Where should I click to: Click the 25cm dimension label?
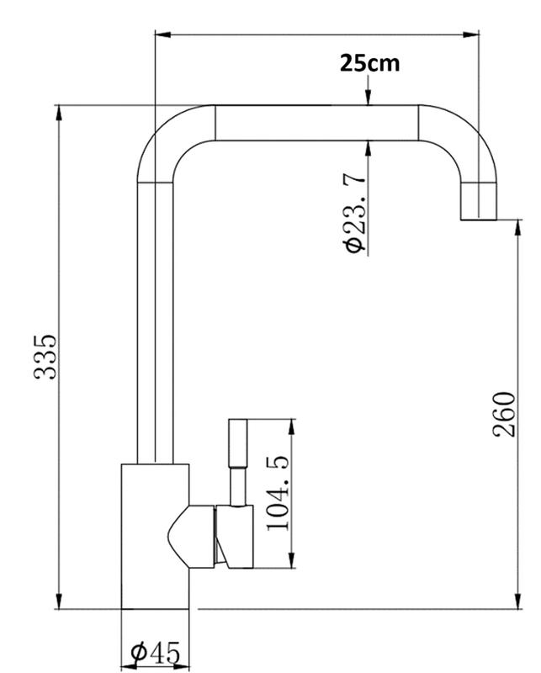[x=369, y=63]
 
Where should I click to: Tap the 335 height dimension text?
[x=45, y=356]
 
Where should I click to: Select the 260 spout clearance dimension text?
[x=504, y=415]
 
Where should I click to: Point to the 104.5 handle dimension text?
[x=278, y=493]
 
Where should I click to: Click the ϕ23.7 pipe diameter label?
[x=355, y=213]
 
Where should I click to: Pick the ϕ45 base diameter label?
[x=156, y=654]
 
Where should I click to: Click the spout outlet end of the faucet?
[x=478, y=201]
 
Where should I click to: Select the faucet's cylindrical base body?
[x=155, y=537]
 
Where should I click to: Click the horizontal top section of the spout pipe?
[x=316, y=123]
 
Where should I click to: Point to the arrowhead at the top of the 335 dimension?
[x=59, y=114]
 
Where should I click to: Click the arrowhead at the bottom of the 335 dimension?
[x=59, y=601]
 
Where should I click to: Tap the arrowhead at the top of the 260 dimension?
[x=518, y=227]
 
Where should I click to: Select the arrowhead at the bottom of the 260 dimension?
[x=518, y=601]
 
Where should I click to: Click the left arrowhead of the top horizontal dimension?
[x=163, y=34]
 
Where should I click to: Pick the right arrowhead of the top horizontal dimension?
[x=470, y=34]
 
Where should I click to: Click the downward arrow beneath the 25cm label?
[x=368, y=90]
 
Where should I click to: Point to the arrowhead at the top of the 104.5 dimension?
[x=292, y=427]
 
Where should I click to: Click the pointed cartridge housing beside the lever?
[x=191, y=537]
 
